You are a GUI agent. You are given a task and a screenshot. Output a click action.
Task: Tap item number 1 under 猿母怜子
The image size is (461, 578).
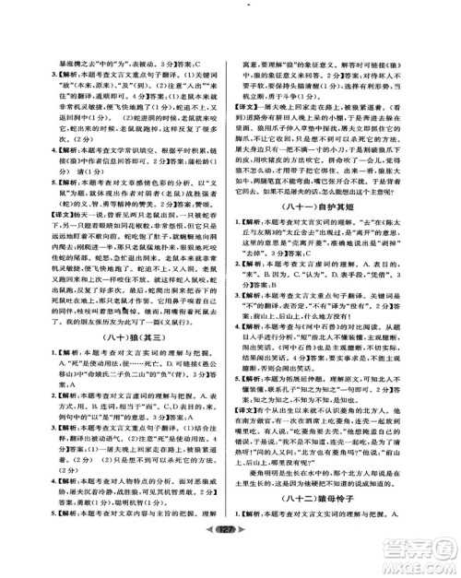point(250,539)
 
